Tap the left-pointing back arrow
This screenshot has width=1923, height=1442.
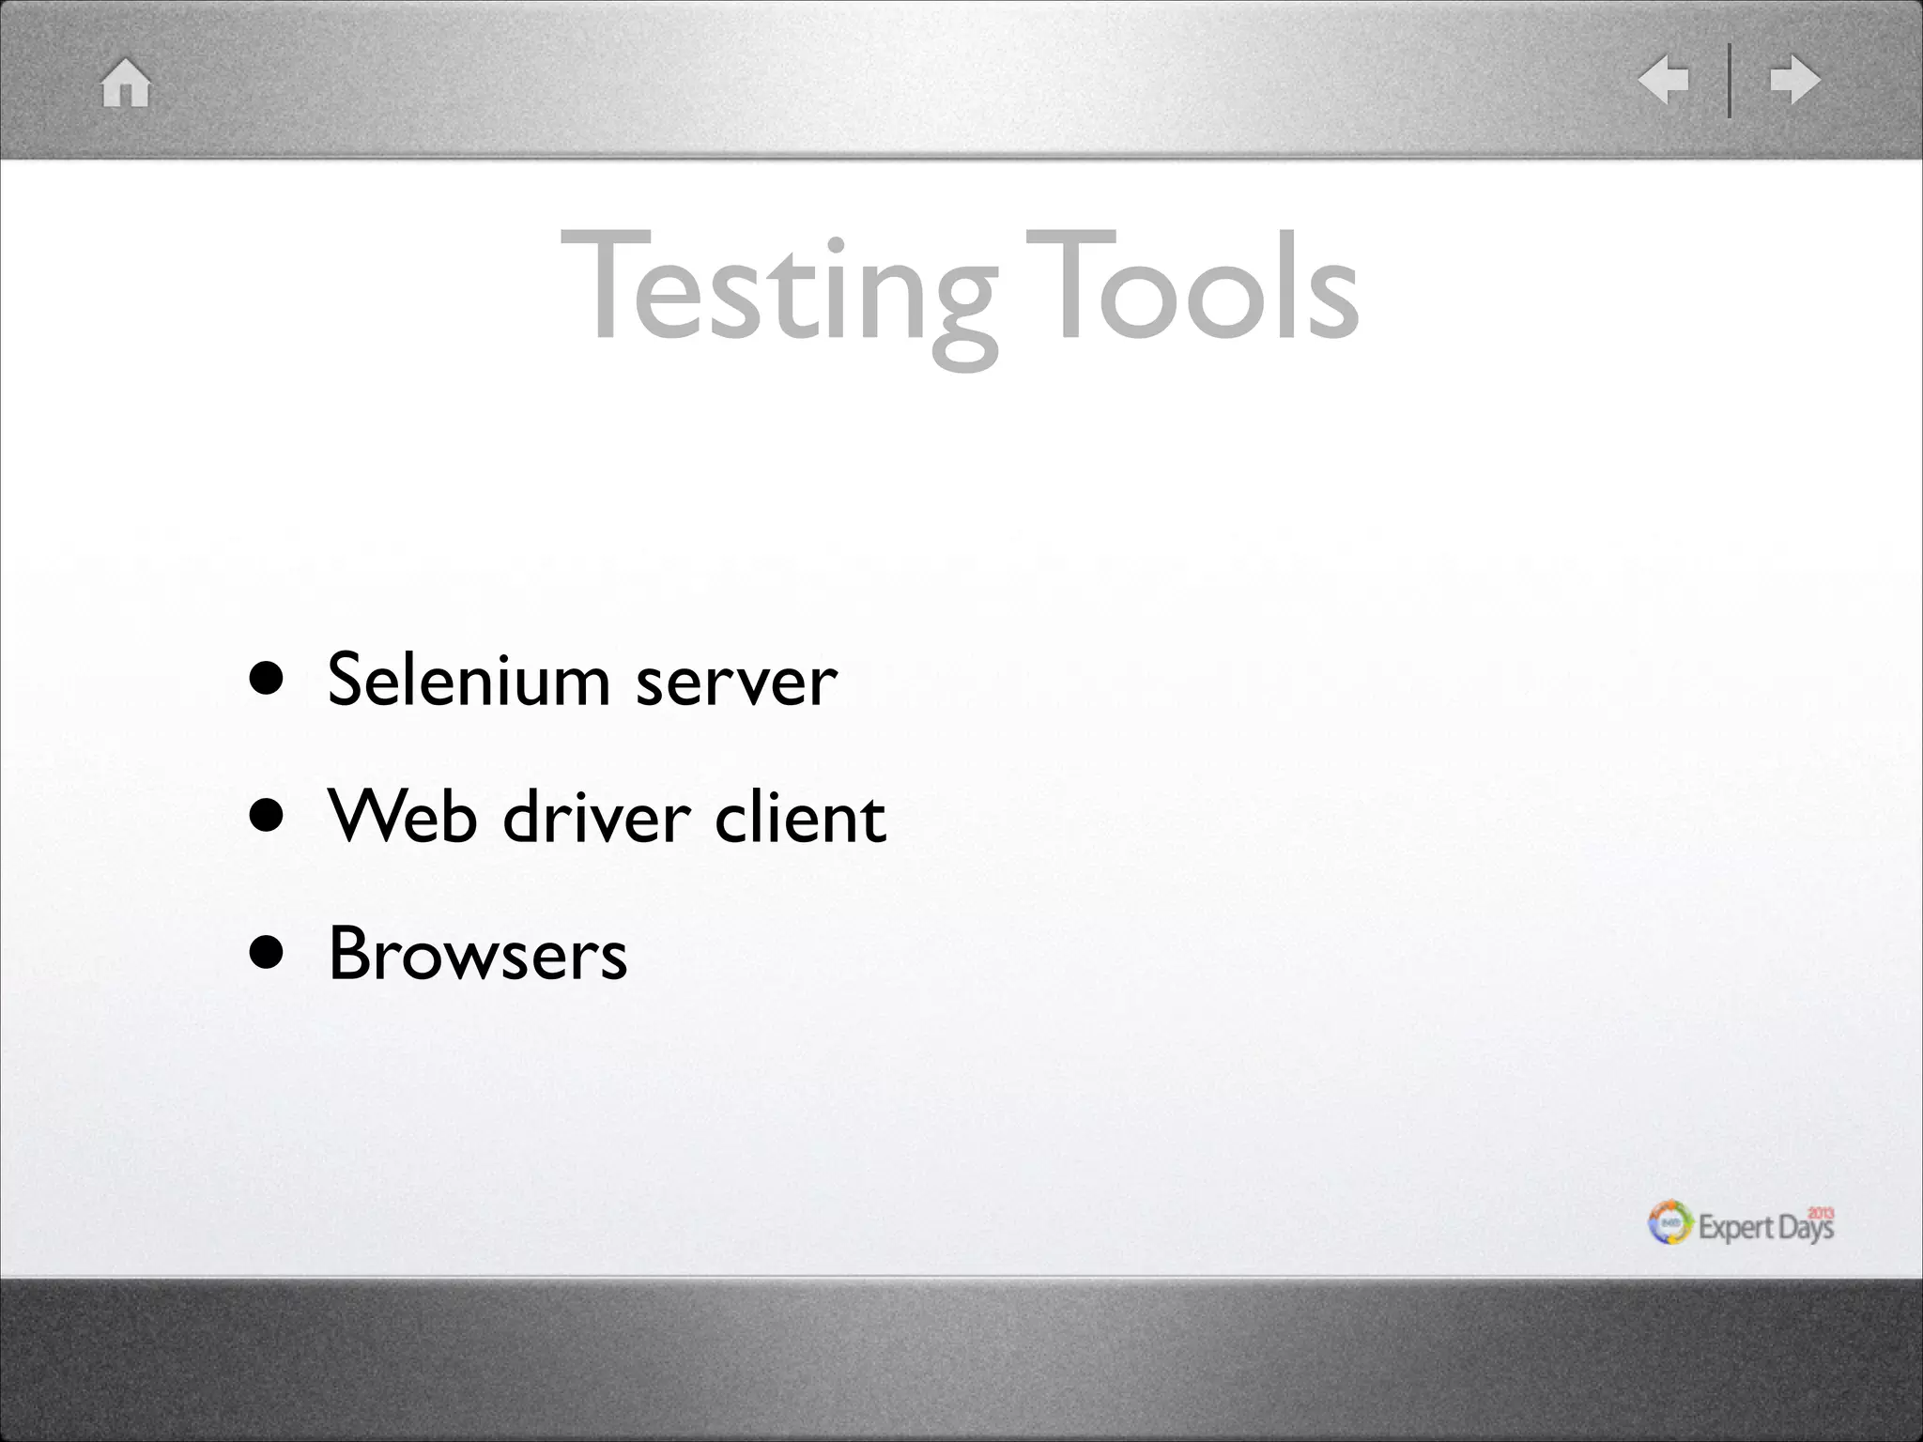click(x=1664, y=79)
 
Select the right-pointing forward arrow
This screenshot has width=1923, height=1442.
click(x=1794, y=79)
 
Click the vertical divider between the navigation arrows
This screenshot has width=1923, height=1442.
click(x=1729, y=80)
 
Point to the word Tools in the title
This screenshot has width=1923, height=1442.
click(x=1192, y=285)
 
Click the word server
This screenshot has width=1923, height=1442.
click(x=736, y=682)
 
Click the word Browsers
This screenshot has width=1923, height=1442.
click(x=478, y=953)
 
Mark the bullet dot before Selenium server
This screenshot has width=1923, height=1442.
click(x=267, y=680)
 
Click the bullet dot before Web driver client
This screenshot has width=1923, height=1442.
click(x=267, y=816)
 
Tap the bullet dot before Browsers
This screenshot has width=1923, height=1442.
click(x=267, y=953)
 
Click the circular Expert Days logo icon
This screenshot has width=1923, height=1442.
click(x=1670, y=1222)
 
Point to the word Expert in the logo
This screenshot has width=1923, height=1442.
click(x=1736, y=1228)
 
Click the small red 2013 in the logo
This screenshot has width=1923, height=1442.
click(x=1821, y=1212)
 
